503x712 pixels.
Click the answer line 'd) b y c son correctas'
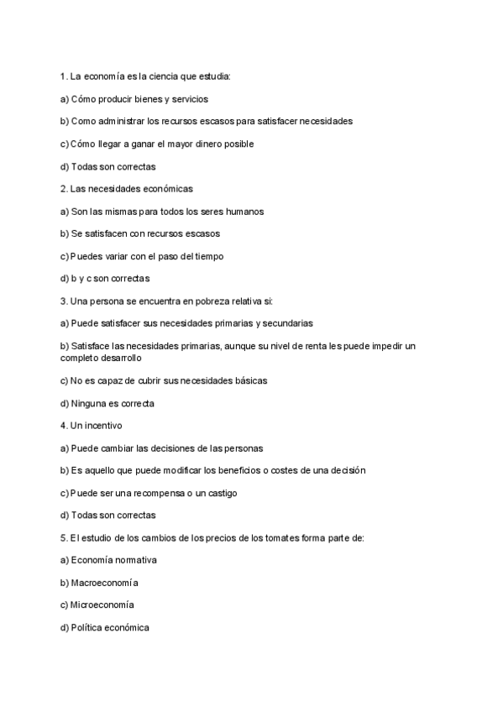[x=105, y=279]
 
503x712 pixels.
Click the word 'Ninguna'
[x=89, y=403]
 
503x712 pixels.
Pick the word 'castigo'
[x=220, y=493]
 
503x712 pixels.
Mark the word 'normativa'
[x=135, y=560]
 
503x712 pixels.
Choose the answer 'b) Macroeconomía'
[x=99, y=583]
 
